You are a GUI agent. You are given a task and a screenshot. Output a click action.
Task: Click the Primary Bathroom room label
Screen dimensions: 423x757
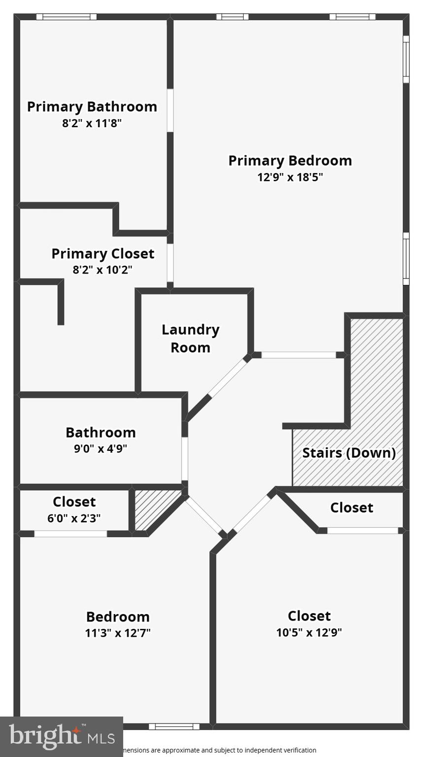[x=92, y=107]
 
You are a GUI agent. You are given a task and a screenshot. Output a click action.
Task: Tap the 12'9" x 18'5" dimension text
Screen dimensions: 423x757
[x=290, y=177]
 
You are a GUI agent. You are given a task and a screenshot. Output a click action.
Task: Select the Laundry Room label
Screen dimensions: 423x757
[x=190, y=339]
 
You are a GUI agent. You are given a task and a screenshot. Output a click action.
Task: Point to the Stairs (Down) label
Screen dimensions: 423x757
[x=349, y=453]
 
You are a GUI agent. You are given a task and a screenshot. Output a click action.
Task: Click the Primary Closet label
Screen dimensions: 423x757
[x=103, y=254]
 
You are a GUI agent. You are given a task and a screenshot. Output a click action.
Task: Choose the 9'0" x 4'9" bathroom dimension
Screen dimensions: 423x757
[x=101, y=449]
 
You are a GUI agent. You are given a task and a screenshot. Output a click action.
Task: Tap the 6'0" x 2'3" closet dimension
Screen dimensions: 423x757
[x=74, y=518]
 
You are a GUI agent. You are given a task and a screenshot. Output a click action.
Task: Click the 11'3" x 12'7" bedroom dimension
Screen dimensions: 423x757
[x=118, y=633]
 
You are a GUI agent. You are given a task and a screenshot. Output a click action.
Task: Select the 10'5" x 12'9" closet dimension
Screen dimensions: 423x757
[x=309, y=632]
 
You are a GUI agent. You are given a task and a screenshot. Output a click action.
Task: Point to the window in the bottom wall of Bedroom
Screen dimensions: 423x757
[x=174, y=726]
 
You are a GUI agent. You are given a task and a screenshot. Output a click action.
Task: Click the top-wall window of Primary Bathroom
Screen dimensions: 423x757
[x=67, y=17]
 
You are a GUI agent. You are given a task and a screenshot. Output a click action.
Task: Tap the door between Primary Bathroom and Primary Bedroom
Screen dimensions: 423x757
[x=170, y=110]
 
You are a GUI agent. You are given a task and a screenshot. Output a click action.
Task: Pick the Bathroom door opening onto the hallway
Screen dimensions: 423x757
[x=184, y=459]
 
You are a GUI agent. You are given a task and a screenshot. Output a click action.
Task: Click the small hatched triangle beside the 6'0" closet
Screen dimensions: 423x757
[x=154, y=509]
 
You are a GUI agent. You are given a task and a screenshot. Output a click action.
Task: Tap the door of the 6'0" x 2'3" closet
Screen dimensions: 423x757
[x=70, y=534]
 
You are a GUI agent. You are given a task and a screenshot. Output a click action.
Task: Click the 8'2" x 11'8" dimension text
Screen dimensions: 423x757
[x=92, y=123]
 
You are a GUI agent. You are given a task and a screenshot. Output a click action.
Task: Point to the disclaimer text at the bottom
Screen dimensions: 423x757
[x=220, y=750]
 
